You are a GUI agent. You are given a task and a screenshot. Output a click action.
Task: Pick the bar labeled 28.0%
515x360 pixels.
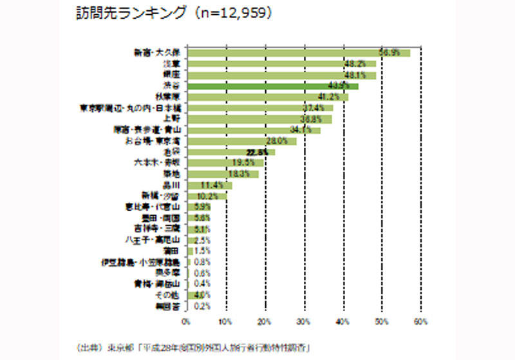tap(241, 140)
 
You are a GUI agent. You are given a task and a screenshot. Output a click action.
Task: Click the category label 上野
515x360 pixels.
tap(172, 118)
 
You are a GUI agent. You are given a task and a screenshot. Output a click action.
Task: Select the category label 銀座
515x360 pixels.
tap(172, 75)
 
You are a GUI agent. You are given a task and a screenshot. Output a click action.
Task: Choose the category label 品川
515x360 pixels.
tap(172, 184)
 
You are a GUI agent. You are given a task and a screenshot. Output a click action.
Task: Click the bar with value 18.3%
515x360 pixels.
tap(222, 173)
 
